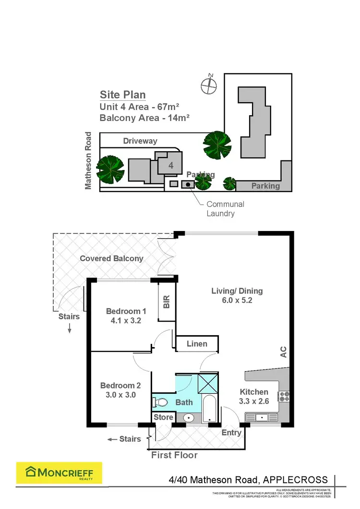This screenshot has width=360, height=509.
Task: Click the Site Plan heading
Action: [122, 95]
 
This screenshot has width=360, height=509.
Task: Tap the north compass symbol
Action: [209, 85]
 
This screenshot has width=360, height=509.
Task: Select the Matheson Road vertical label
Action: [88, 161]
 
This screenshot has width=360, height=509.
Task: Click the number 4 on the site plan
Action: [171, 165]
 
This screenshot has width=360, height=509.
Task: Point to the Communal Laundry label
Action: [225, 209]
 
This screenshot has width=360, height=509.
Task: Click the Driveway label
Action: [140, 141]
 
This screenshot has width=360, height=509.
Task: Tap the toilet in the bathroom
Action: [161, 402]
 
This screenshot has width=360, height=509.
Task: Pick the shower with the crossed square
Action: [209, 383]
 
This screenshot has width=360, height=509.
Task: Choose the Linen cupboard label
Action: [197, 344]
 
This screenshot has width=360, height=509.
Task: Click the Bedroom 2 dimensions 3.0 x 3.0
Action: [120, 395]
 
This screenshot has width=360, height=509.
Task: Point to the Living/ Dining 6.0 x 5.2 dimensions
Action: [237, 301]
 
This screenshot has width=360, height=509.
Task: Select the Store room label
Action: [163, 417]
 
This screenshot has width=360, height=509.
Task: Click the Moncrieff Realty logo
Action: [59, 474]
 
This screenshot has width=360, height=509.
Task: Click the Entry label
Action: [231, 433]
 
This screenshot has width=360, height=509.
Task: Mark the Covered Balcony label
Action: [111, 258]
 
